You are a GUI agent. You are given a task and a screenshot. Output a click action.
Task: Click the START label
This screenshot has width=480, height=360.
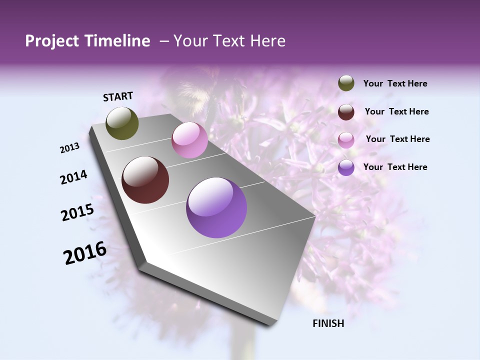pos(118,96)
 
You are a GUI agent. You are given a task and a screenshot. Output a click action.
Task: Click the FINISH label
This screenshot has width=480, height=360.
pos(328,323)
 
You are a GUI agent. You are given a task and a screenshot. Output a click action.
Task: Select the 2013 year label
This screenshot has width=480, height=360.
pos(70,148)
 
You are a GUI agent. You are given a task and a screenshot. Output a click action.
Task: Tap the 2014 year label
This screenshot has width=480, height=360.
pos(74,177)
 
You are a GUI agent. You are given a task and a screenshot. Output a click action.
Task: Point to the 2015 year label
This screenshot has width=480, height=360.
pos(77,212)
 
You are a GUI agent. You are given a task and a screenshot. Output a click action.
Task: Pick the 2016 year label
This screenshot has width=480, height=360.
pos(85,252)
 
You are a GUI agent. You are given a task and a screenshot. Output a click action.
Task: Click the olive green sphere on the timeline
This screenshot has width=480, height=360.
pos(122,123)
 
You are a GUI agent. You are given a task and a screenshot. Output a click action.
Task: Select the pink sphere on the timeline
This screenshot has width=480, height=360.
pos(189,140)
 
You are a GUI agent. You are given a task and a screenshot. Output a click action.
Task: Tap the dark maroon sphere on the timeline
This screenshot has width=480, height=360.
pos(145,180)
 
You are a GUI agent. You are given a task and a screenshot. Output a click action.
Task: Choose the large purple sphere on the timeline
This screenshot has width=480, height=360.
pos(216,207)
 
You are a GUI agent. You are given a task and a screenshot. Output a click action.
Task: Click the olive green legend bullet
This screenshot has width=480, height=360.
pos(346,83)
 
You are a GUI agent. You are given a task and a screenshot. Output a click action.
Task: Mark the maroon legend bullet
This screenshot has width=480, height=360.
pos(346,112)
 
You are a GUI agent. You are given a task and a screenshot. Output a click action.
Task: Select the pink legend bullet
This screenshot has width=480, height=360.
pos(346,140)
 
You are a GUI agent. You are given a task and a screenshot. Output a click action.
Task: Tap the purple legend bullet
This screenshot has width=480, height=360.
pos(346,167)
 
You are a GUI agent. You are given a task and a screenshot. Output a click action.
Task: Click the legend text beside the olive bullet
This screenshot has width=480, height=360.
pos(395,83)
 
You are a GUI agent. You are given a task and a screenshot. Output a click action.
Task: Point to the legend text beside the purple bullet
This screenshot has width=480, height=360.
pos(395,167)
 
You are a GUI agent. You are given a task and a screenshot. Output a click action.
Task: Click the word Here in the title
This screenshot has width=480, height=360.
pos(268,41)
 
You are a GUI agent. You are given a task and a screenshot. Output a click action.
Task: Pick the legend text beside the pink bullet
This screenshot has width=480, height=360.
pos(397,139)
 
